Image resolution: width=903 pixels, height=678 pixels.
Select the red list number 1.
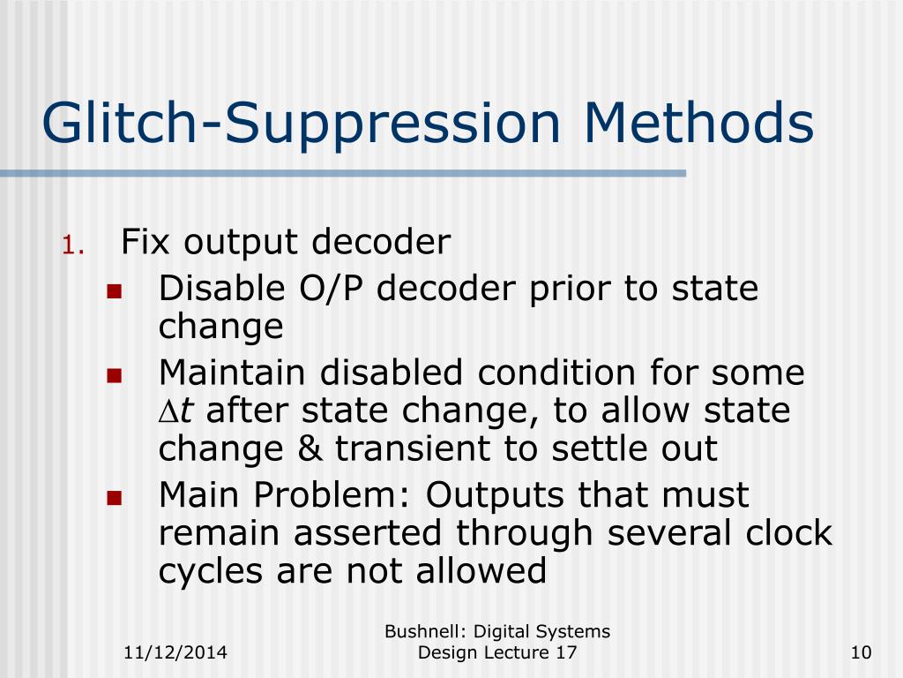[x=72, y=245]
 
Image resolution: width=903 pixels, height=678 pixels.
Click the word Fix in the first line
[x=145, y=242]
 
